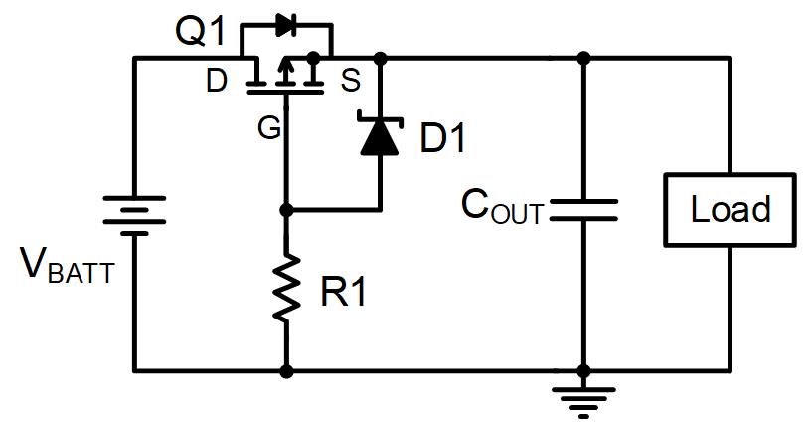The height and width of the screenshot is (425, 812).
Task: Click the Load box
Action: click(731, 210)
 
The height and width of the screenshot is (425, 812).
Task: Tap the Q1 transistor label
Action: click(203, 32)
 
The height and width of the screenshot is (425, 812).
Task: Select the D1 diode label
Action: click(442, 139)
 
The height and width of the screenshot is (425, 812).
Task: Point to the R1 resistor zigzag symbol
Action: click(286, 289)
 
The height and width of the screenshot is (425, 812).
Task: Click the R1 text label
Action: click(341, 294)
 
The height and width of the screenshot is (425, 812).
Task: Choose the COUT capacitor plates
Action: click(583, 210)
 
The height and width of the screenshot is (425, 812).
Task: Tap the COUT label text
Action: click(502, 207)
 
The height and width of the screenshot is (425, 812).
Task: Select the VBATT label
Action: click(65, 267)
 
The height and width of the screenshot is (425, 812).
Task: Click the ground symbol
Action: click(583, 400)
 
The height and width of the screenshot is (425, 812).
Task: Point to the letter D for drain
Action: click(217, 82)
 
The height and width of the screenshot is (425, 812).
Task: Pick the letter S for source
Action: click(351, 82)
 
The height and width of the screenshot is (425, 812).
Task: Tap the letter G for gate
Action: click(268, 128)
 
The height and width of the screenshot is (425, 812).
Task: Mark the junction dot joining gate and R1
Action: click(286, 210)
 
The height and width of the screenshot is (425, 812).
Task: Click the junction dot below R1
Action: click(286, 371)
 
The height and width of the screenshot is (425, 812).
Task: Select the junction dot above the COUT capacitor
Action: click(583, 58)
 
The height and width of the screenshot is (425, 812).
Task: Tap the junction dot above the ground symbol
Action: click(583, 371)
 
